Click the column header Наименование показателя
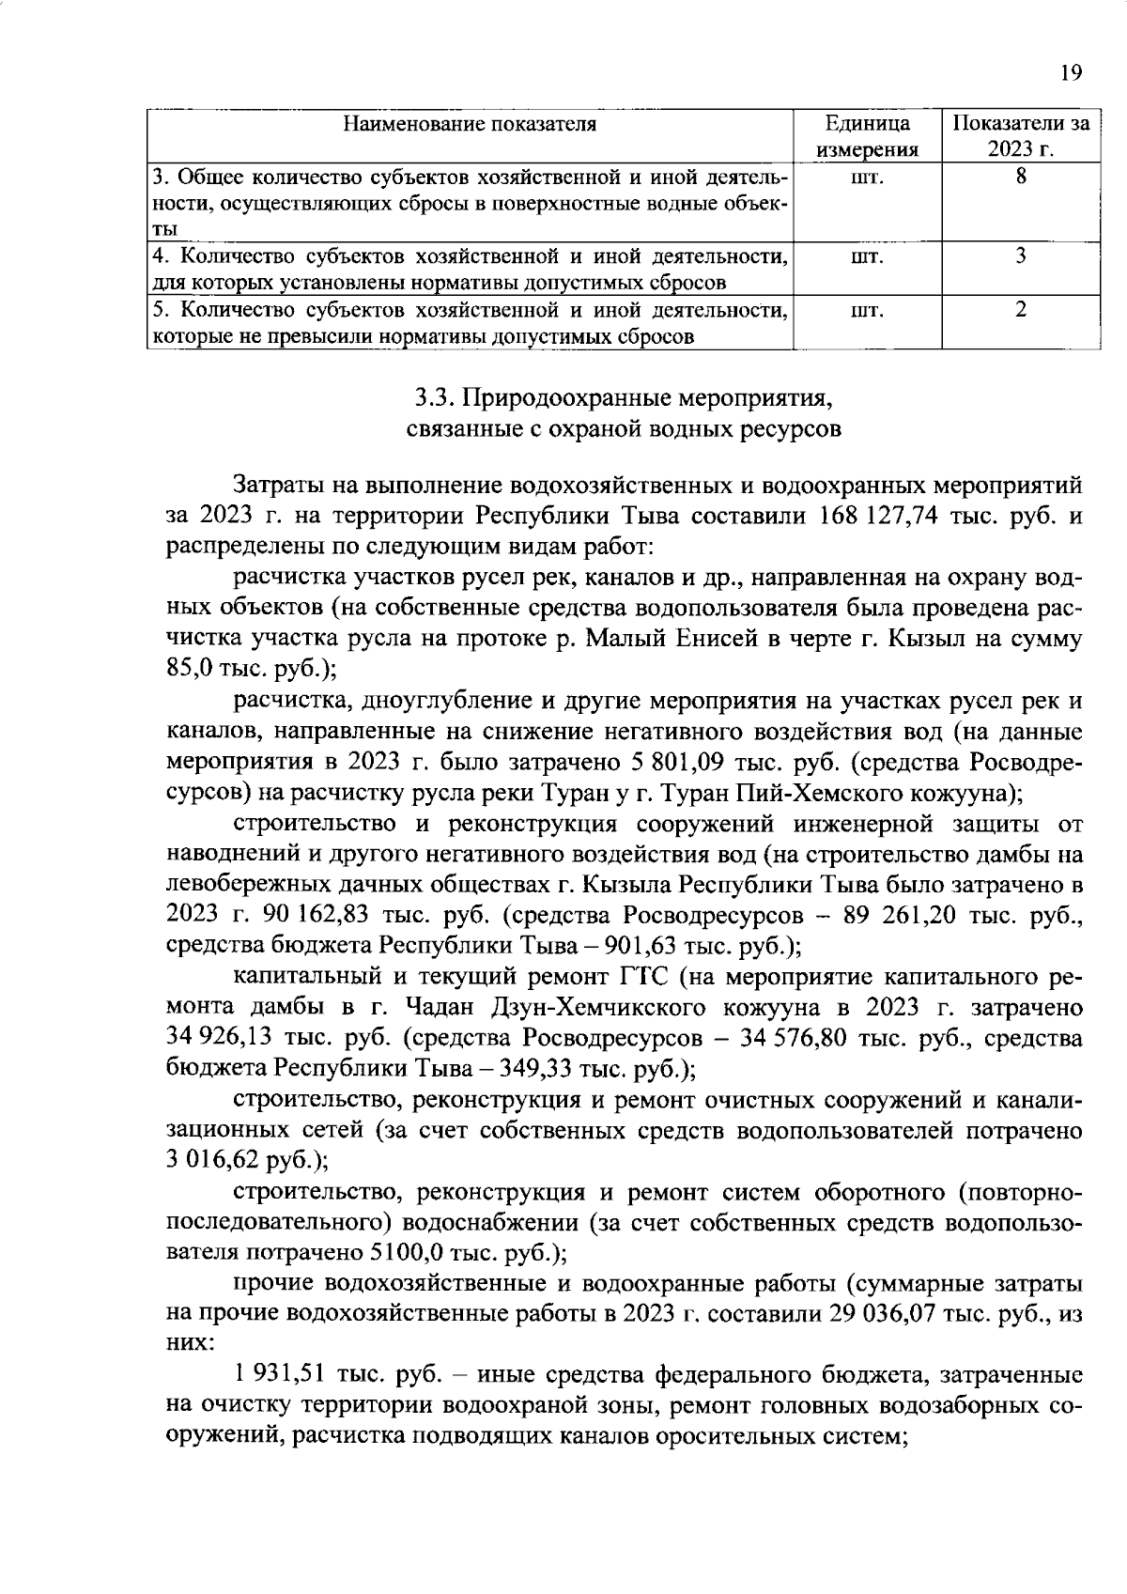click(469, 124)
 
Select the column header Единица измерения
click(867, 137)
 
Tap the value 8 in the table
click(1020, 176)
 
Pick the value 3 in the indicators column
click(1020, 255)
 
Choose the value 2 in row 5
click(1020, 309)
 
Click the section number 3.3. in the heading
click(434, 398)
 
